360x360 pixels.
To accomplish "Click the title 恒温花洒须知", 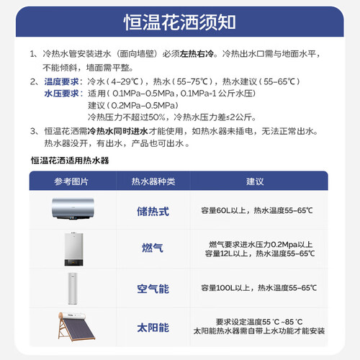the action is (x=180, y=22).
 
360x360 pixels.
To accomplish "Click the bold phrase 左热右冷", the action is (x=197, y=54).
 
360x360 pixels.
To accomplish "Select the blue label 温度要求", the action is (x=62, y=81).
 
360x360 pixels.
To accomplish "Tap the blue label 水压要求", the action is (x=62, y=94).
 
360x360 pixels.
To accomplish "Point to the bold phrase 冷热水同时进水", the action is (x=117, y=131).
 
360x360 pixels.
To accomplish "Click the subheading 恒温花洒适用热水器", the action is (x=70, y=161).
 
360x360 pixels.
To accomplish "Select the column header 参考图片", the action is (x=71, y=181).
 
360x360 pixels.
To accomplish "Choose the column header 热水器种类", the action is (x=153, y=181).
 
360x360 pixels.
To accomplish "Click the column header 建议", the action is (x=255, y=181).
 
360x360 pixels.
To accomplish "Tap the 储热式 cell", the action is (x=153, y=212).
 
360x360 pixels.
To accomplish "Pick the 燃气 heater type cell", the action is (x=153, y=248).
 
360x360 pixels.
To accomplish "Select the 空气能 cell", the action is (x=153, y=289).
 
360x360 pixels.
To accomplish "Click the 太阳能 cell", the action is (x=153, y=328).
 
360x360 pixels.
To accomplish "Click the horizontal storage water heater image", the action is (x=73, y=209).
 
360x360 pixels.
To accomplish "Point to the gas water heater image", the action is (x=73, y=249).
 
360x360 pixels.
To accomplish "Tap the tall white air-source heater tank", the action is (x=73, y=289).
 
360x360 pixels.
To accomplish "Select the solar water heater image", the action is (x=76, y=326).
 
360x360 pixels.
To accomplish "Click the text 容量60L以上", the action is (x=224, y=210).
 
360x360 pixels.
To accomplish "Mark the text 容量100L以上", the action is (x=226, y=288).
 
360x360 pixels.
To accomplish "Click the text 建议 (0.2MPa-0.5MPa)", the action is (x=133, y=105).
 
